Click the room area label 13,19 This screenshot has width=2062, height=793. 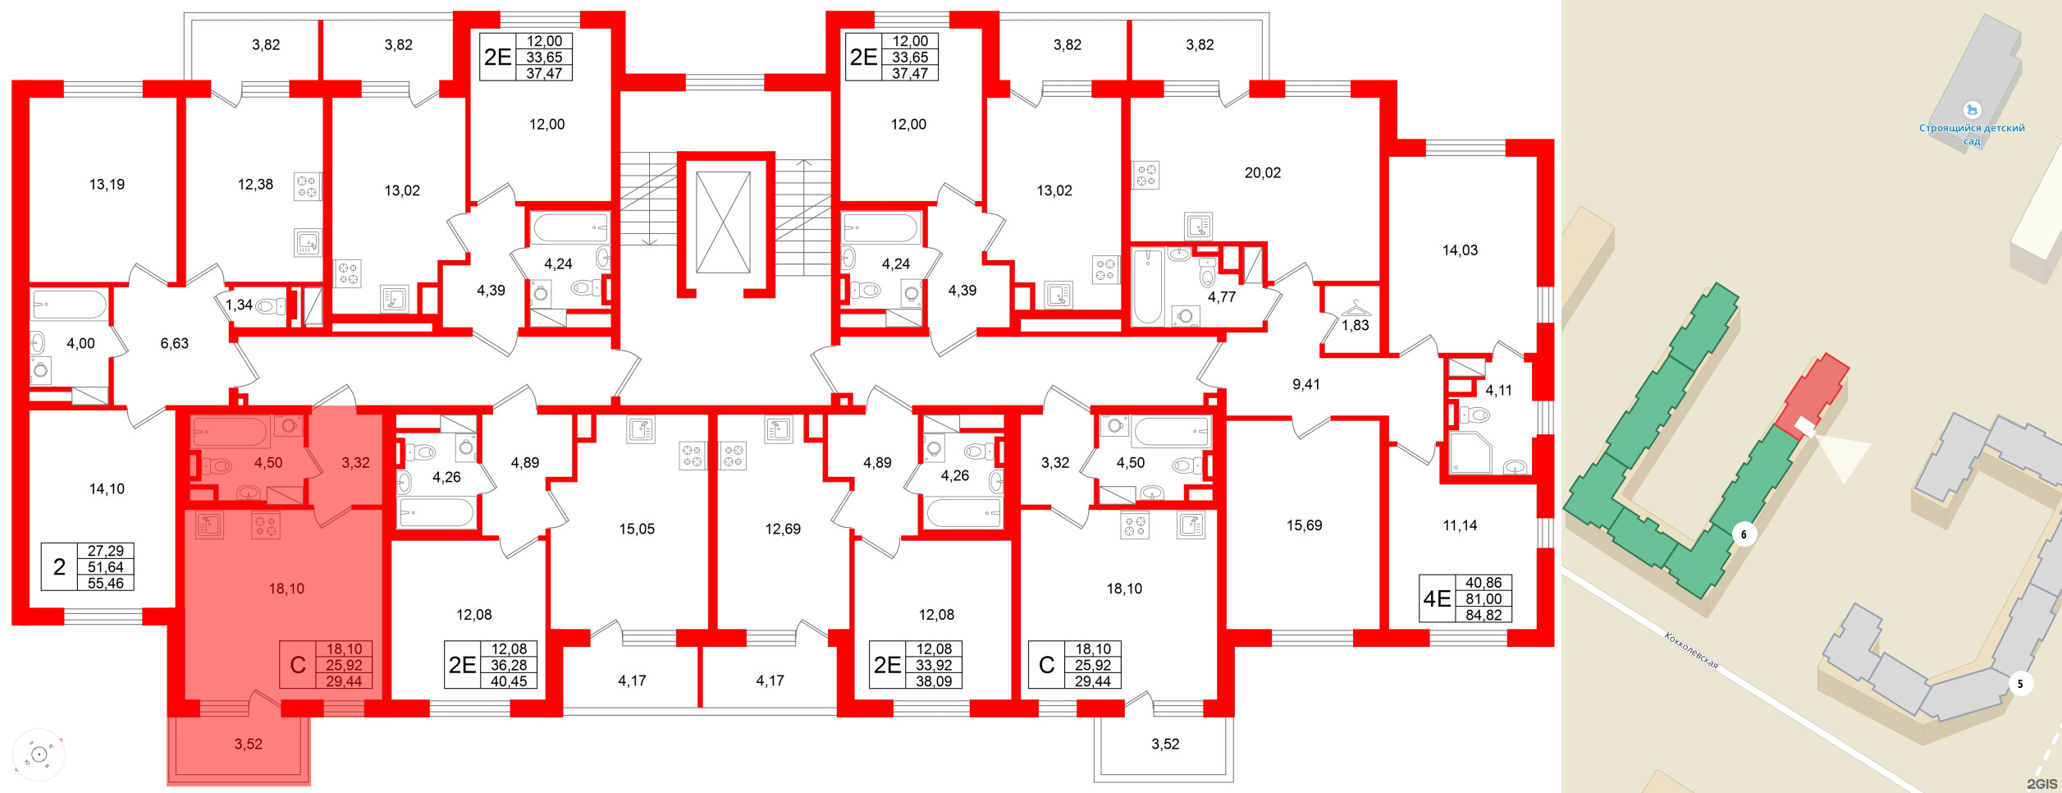click(x=107, y=185)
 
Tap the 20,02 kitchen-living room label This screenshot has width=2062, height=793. click(x=1262, y=173)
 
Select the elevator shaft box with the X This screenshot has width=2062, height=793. click(x=723, y=222)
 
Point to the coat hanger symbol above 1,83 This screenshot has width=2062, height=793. click(x=1356, y=309)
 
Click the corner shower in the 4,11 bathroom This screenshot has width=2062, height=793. click(x=1470, y=454)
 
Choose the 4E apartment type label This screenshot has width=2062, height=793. click(x=1437, y=599)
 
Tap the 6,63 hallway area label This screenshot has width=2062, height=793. click(x=174, y=344)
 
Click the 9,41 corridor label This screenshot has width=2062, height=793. click(x=1305, y=384)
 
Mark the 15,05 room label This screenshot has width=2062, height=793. click(x=637, y=529)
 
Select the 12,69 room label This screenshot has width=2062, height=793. click(x=783, y=529)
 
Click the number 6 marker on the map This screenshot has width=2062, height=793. click(x=1744, y=535)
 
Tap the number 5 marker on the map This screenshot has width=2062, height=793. click(x=2020, y=684)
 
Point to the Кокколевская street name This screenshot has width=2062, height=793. click(x=1691, y=650)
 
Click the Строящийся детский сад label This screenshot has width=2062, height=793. click(x=1972, y=134)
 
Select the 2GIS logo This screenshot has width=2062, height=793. click(x=2041, y=784)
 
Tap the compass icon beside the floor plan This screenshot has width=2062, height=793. click(x=39, y=754)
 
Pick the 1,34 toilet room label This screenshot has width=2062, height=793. click(x=239, y=305)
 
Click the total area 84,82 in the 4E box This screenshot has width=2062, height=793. click(x=1484, y=615)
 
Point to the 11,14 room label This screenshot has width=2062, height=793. click(x=1460, y=525)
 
